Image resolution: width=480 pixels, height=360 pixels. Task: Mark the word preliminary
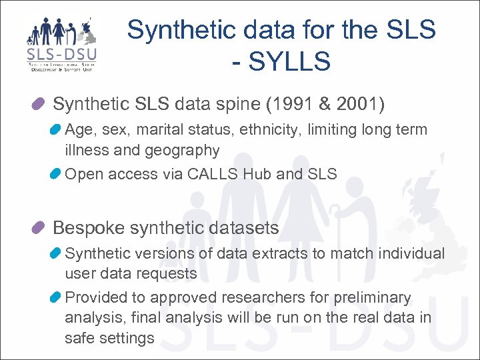375,297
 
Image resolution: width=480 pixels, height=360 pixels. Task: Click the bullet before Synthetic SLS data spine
38,104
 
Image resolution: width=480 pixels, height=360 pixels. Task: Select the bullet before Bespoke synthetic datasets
38,228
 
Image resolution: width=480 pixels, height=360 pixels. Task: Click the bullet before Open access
57,175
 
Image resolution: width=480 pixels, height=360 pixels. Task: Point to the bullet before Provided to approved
57,297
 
